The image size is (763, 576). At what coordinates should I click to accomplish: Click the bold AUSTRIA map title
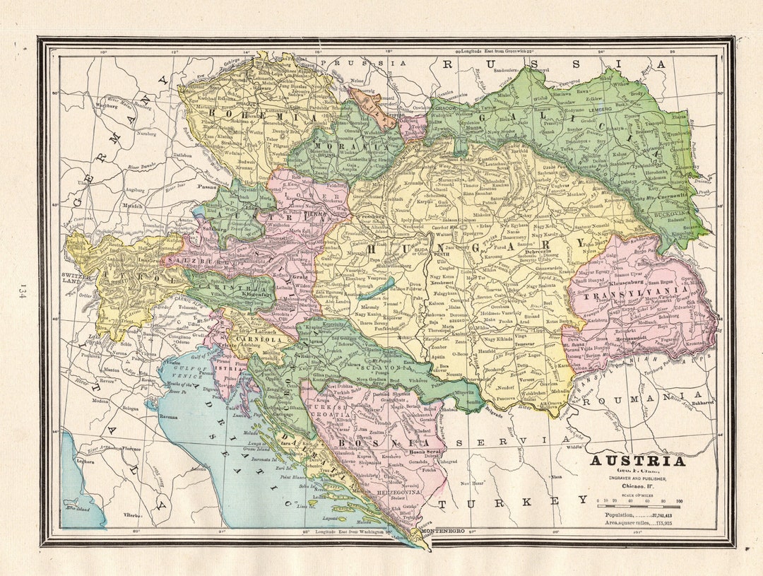point(637,462)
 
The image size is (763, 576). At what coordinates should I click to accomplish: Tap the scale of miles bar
point(638,507)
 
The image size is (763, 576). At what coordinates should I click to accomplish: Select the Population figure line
point(637,516)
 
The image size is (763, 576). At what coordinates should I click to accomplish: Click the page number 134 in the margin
point(23,291)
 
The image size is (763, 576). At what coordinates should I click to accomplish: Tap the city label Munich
point(131,206)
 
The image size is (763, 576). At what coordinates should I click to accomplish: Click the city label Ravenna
point(168,418)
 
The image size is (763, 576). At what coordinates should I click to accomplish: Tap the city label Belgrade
point(492,413)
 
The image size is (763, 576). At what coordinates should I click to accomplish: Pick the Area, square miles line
point(637,524)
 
